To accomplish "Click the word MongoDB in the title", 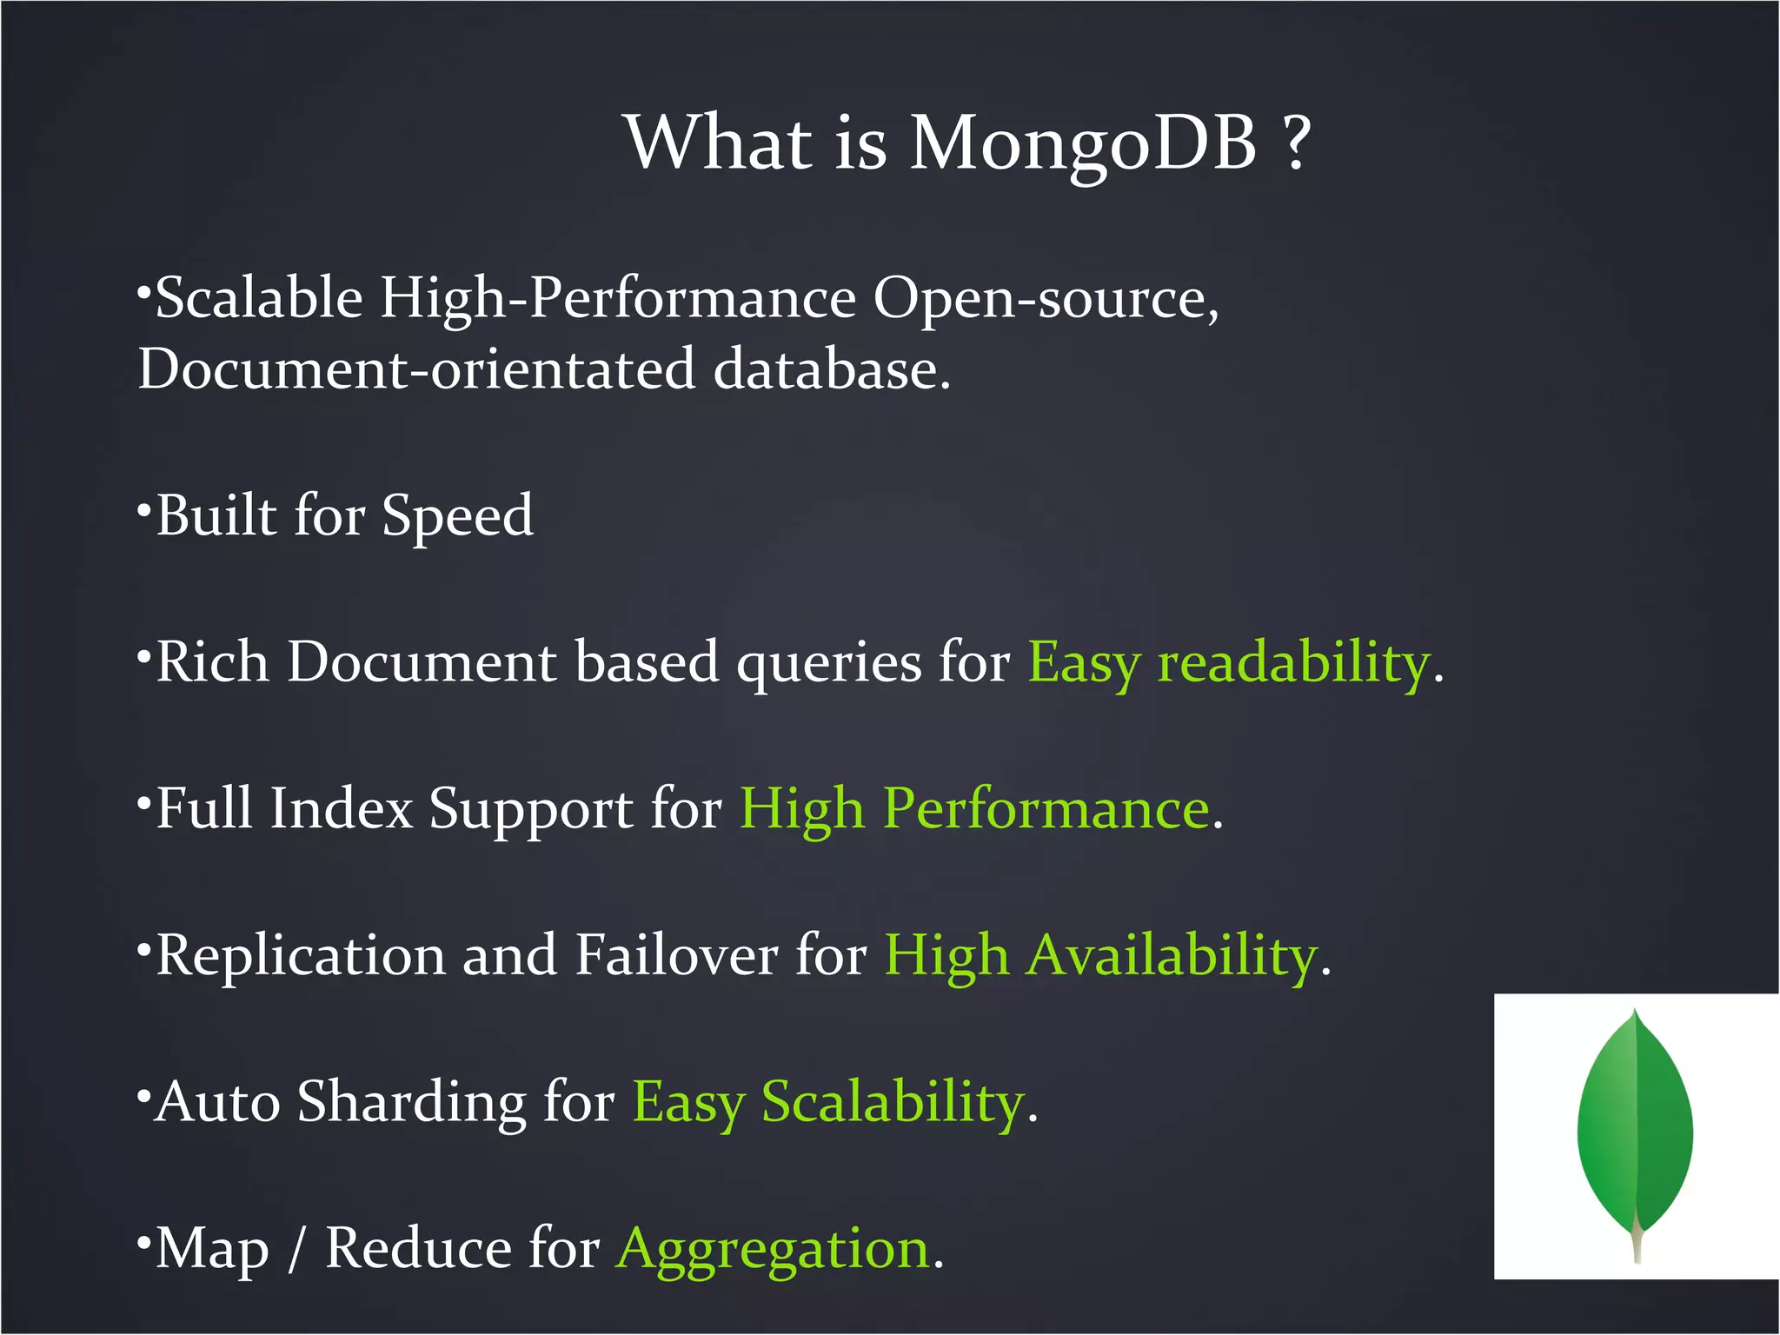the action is pos(1082,143).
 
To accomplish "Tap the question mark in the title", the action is pos(1296,143).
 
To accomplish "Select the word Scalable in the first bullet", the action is pos(258,298).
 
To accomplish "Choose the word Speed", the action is pos(457,517).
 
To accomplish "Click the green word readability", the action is pos(1294,663).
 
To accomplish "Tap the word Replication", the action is pos(301,956).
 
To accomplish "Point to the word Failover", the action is pos(676,955).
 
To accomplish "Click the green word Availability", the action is pos(1172,956).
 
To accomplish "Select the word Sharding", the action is pos(411,1103).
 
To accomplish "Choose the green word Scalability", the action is pos(893,1103).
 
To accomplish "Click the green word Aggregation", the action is pos(774,1250).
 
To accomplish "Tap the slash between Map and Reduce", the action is pos(297,1250).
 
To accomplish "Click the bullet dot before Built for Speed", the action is pos(144,508).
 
